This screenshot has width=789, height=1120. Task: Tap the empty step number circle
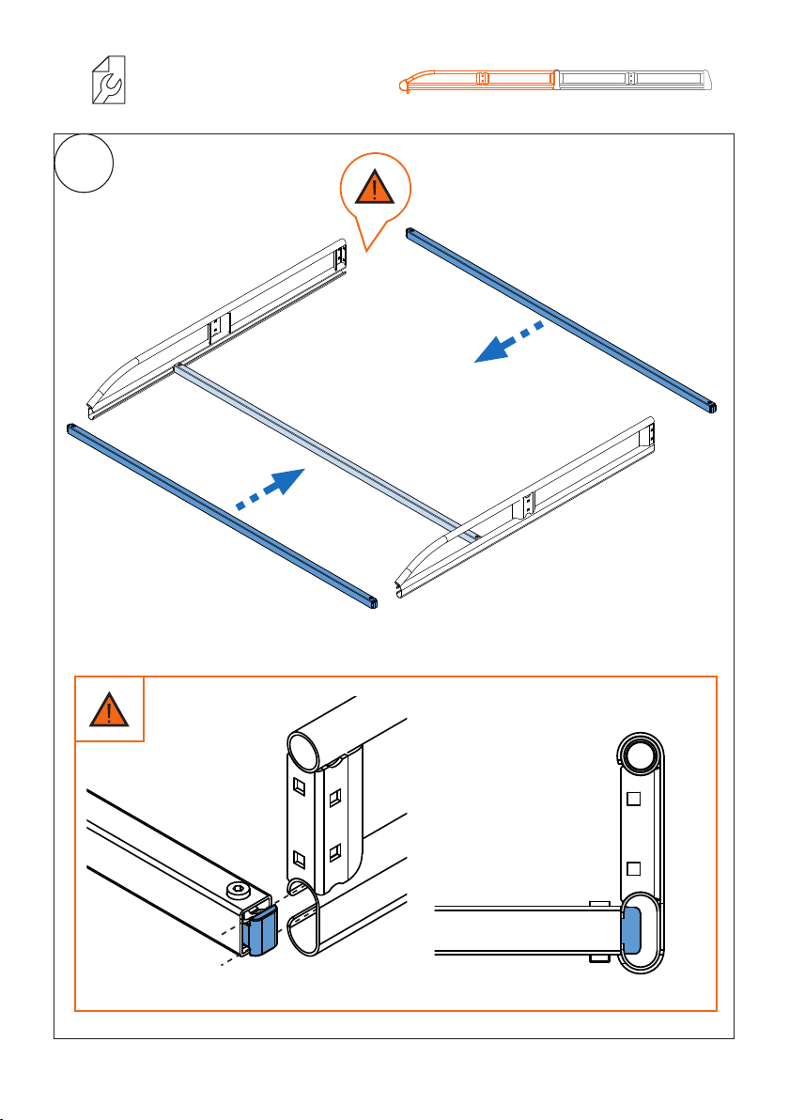(85, 163)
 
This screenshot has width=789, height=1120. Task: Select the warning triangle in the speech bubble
(375, 189)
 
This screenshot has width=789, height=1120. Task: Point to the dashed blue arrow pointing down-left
(508, 341)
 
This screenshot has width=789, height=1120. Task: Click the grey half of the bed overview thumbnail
(635, 82)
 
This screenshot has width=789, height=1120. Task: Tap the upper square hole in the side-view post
(633, 800)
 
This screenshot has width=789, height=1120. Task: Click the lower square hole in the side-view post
(633, 866)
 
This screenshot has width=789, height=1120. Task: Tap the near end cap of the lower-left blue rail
(373, 603)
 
